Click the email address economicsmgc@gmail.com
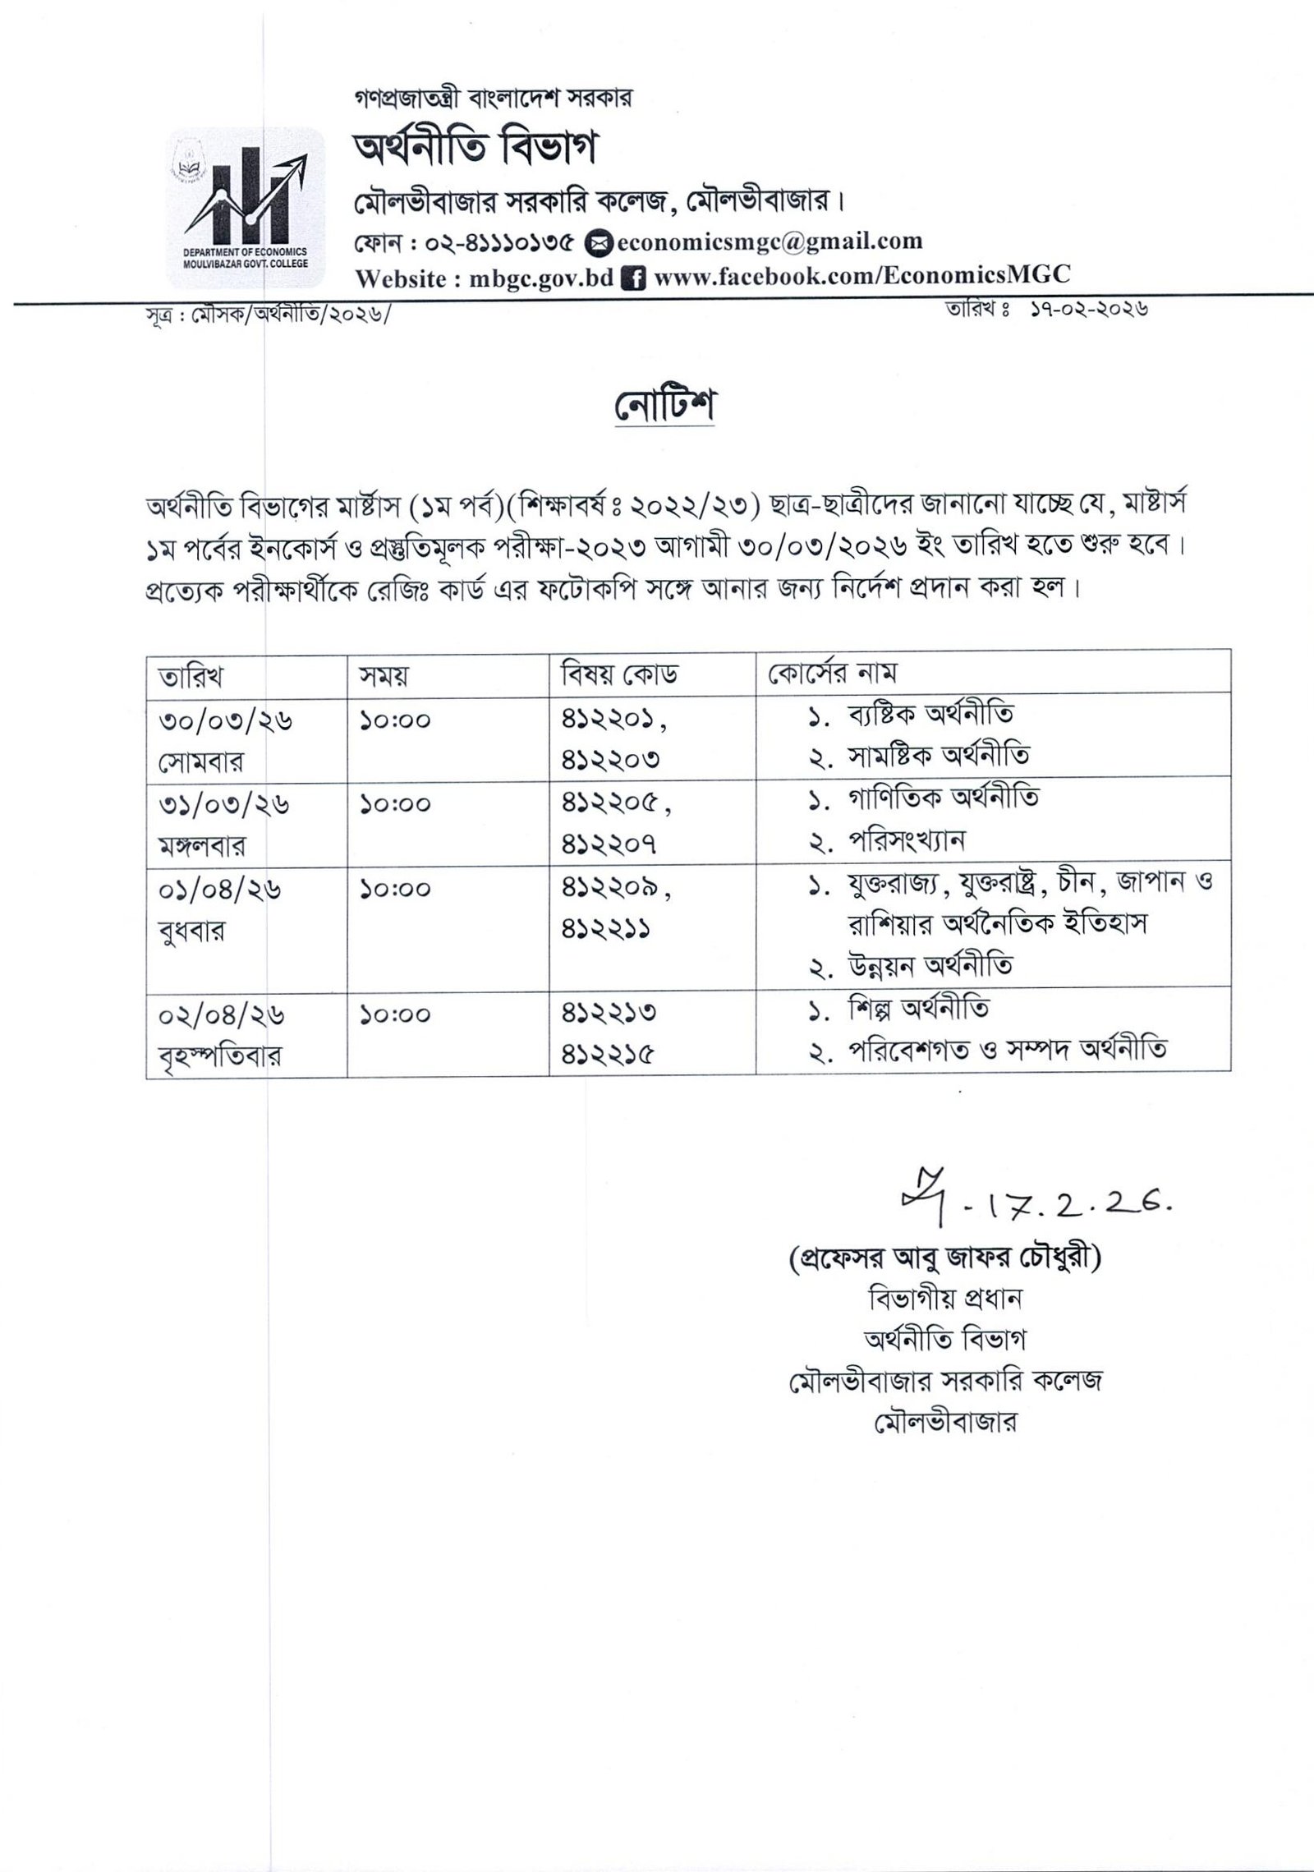770,241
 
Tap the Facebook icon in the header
632,278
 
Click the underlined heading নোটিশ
664,405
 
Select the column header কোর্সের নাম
831,674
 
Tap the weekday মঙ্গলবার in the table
201,846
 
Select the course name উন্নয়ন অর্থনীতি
930,966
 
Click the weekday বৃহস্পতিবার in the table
219,1056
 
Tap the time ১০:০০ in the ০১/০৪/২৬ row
395,889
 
